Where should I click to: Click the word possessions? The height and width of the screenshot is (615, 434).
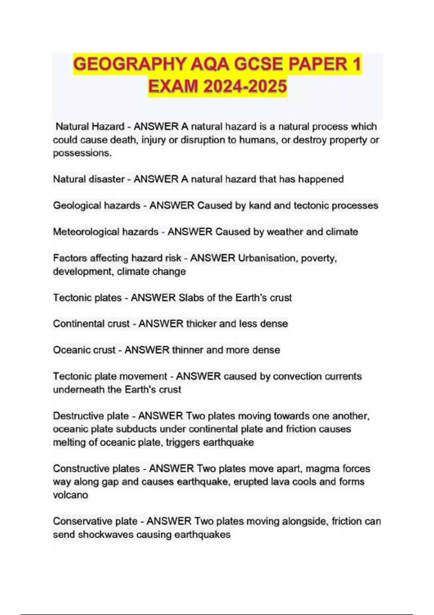tap(82, 153)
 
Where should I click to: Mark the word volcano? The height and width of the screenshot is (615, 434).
tap(70, 495)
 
